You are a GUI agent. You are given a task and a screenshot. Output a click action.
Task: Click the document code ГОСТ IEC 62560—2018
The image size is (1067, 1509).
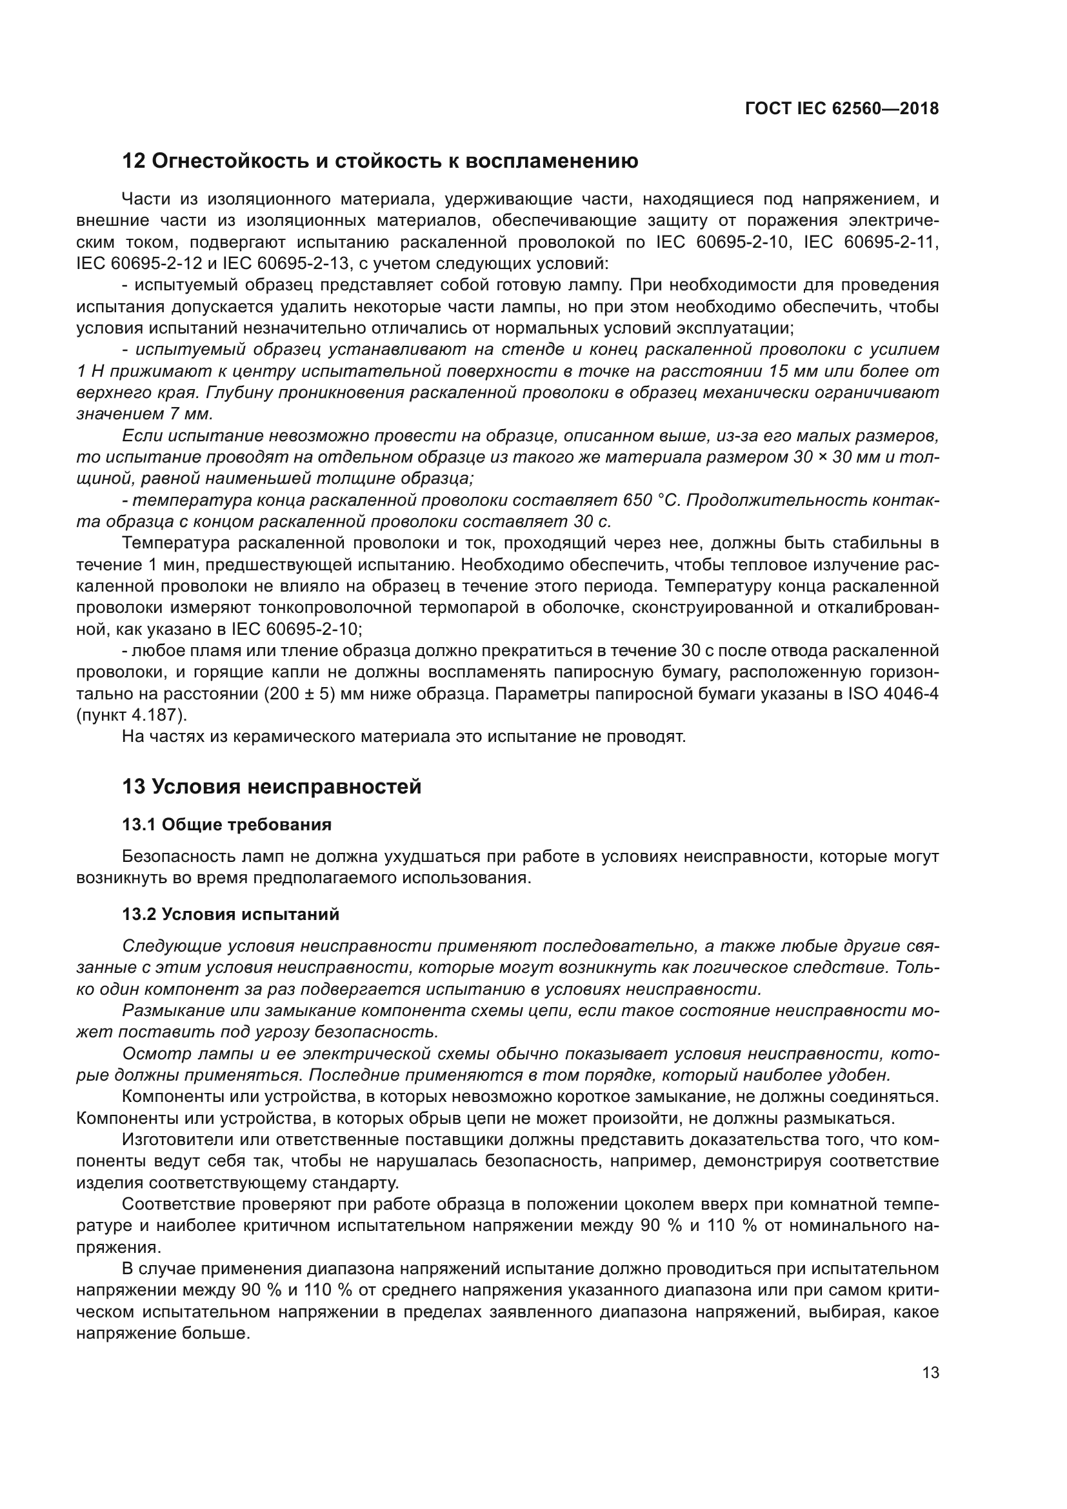click(x=842, y=109)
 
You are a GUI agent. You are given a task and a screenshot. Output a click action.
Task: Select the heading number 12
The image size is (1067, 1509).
click(x=134, y=161)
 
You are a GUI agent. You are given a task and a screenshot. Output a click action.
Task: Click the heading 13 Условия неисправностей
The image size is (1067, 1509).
click(x=272, y=786)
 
